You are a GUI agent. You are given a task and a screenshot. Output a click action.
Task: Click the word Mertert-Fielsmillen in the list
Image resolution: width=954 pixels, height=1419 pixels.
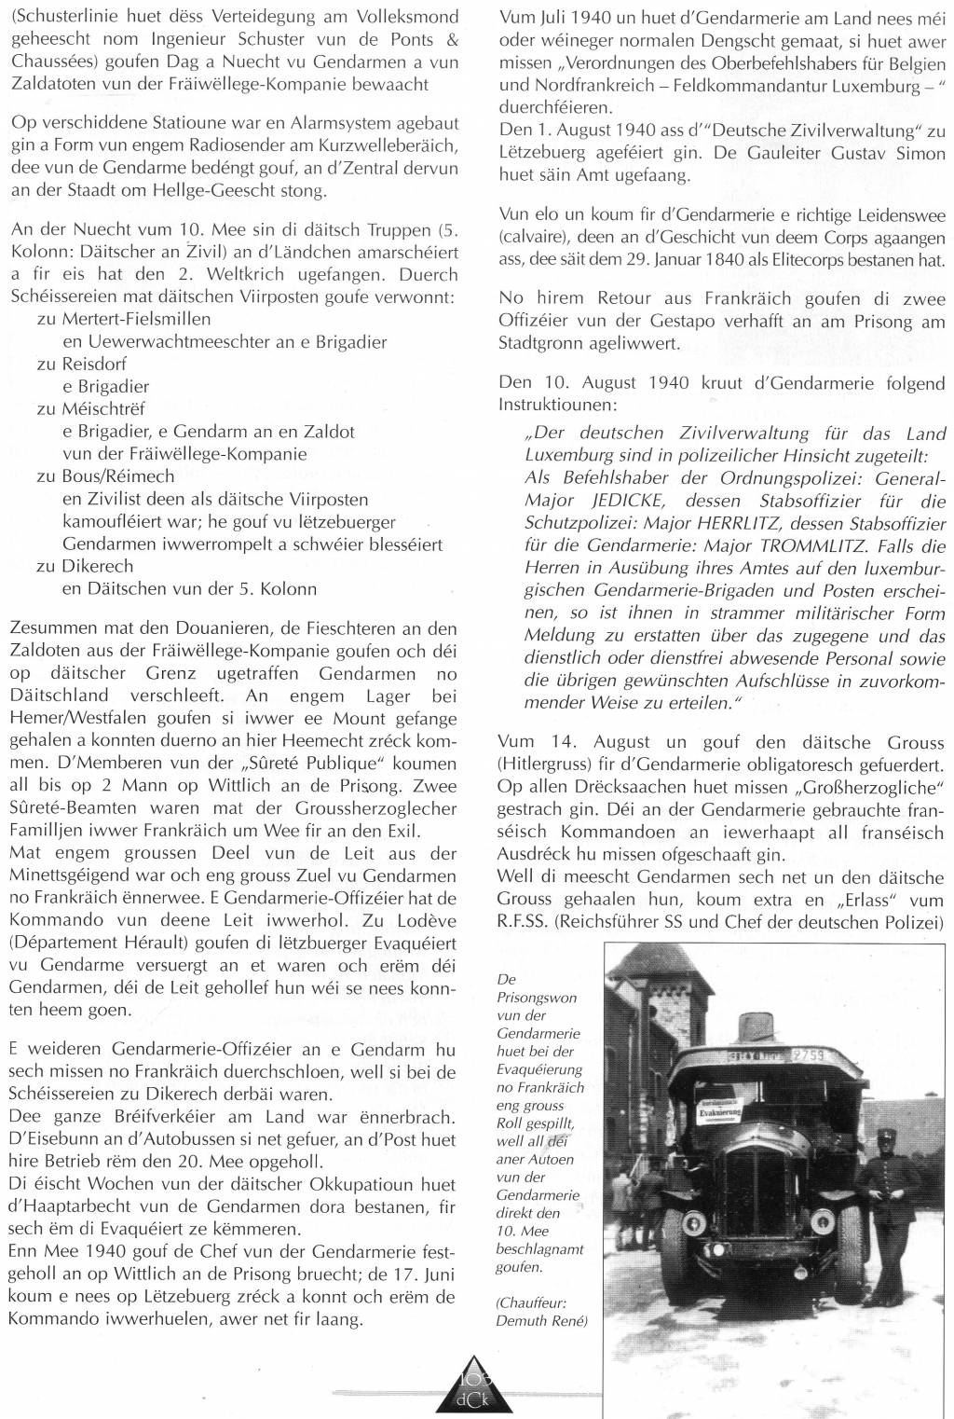coord(137,319)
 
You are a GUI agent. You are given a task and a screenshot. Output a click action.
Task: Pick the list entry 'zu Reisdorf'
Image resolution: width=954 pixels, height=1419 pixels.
coord(81,364)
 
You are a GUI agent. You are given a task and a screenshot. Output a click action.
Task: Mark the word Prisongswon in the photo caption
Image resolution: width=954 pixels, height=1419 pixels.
coord(538,997)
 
